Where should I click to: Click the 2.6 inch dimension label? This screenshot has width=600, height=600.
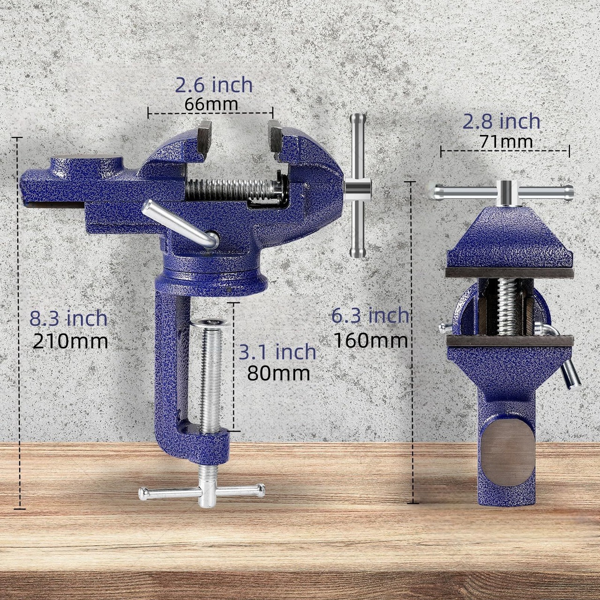(214, 85)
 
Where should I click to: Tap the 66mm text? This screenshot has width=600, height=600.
(211, 105)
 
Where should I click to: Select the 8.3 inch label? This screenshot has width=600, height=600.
(68, 318)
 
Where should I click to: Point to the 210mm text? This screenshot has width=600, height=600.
(70, 341)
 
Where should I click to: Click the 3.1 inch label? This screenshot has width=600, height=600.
(277, 352)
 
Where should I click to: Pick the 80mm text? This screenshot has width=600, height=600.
(278, 374)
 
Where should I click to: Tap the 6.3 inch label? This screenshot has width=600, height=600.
(370, 315)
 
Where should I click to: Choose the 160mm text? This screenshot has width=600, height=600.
(371, 340)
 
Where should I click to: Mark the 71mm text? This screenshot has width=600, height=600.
(506, 142)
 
